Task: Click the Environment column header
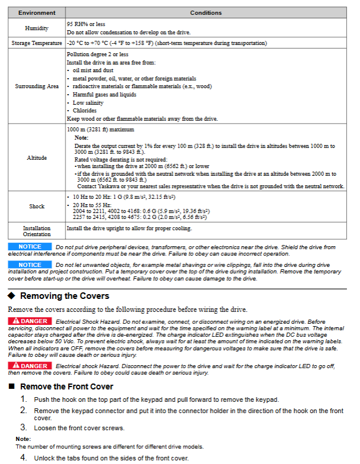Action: [x=37, y=12]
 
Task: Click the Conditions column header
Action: [x=206, y=12]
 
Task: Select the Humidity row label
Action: [x=37, y=28]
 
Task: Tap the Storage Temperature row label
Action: [x=37, y=43]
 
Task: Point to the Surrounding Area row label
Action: [x=37, y=86]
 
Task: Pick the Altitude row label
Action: [x=37, y=158]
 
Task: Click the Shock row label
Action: [x=37, y=207]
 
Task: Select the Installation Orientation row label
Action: [x=37, y=231]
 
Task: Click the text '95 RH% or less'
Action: [x=85, y=24]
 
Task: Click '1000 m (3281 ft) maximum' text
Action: [x=101, y=129]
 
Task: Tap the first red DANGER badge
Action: [x=30, y=321]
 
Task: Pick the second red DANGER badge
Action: [x=30, y=366]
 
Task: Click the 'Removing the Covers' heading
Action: [x=65, y=296]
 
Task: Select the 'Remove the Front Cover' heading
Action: [x=66, y=386]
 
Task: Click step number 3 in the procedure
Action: [x=24, y=427]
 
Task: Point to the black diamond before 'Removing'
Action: [x=11, y=296]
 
